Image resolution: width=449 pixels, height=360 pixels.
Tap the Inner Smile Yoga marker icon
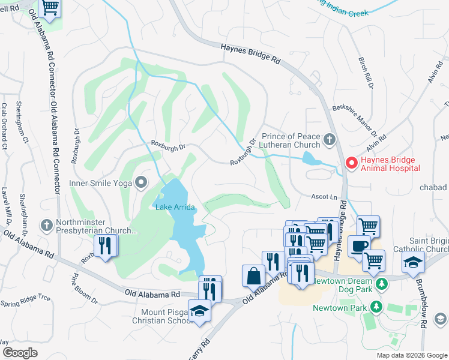click(141, 182)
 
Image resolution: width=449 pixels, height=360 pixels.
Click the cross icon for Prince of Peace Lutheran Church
click(329, 140)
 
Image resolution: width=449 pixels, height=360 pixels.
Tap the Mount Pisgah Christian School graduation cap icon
click(199, 311)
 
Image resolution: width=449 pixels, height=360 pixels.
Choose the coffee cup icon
click(358, 246)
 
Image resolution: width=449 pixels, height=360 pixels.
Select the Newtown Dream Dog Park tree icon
click(380, 283)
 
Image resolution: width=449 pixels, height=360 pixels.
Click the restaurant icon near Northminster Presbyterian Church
click(106, 246)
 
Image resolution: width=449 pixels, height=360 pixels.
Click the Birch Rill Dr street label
click(366, 74)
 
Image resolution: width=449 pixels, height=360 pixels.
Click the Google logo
click(20, 352)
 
